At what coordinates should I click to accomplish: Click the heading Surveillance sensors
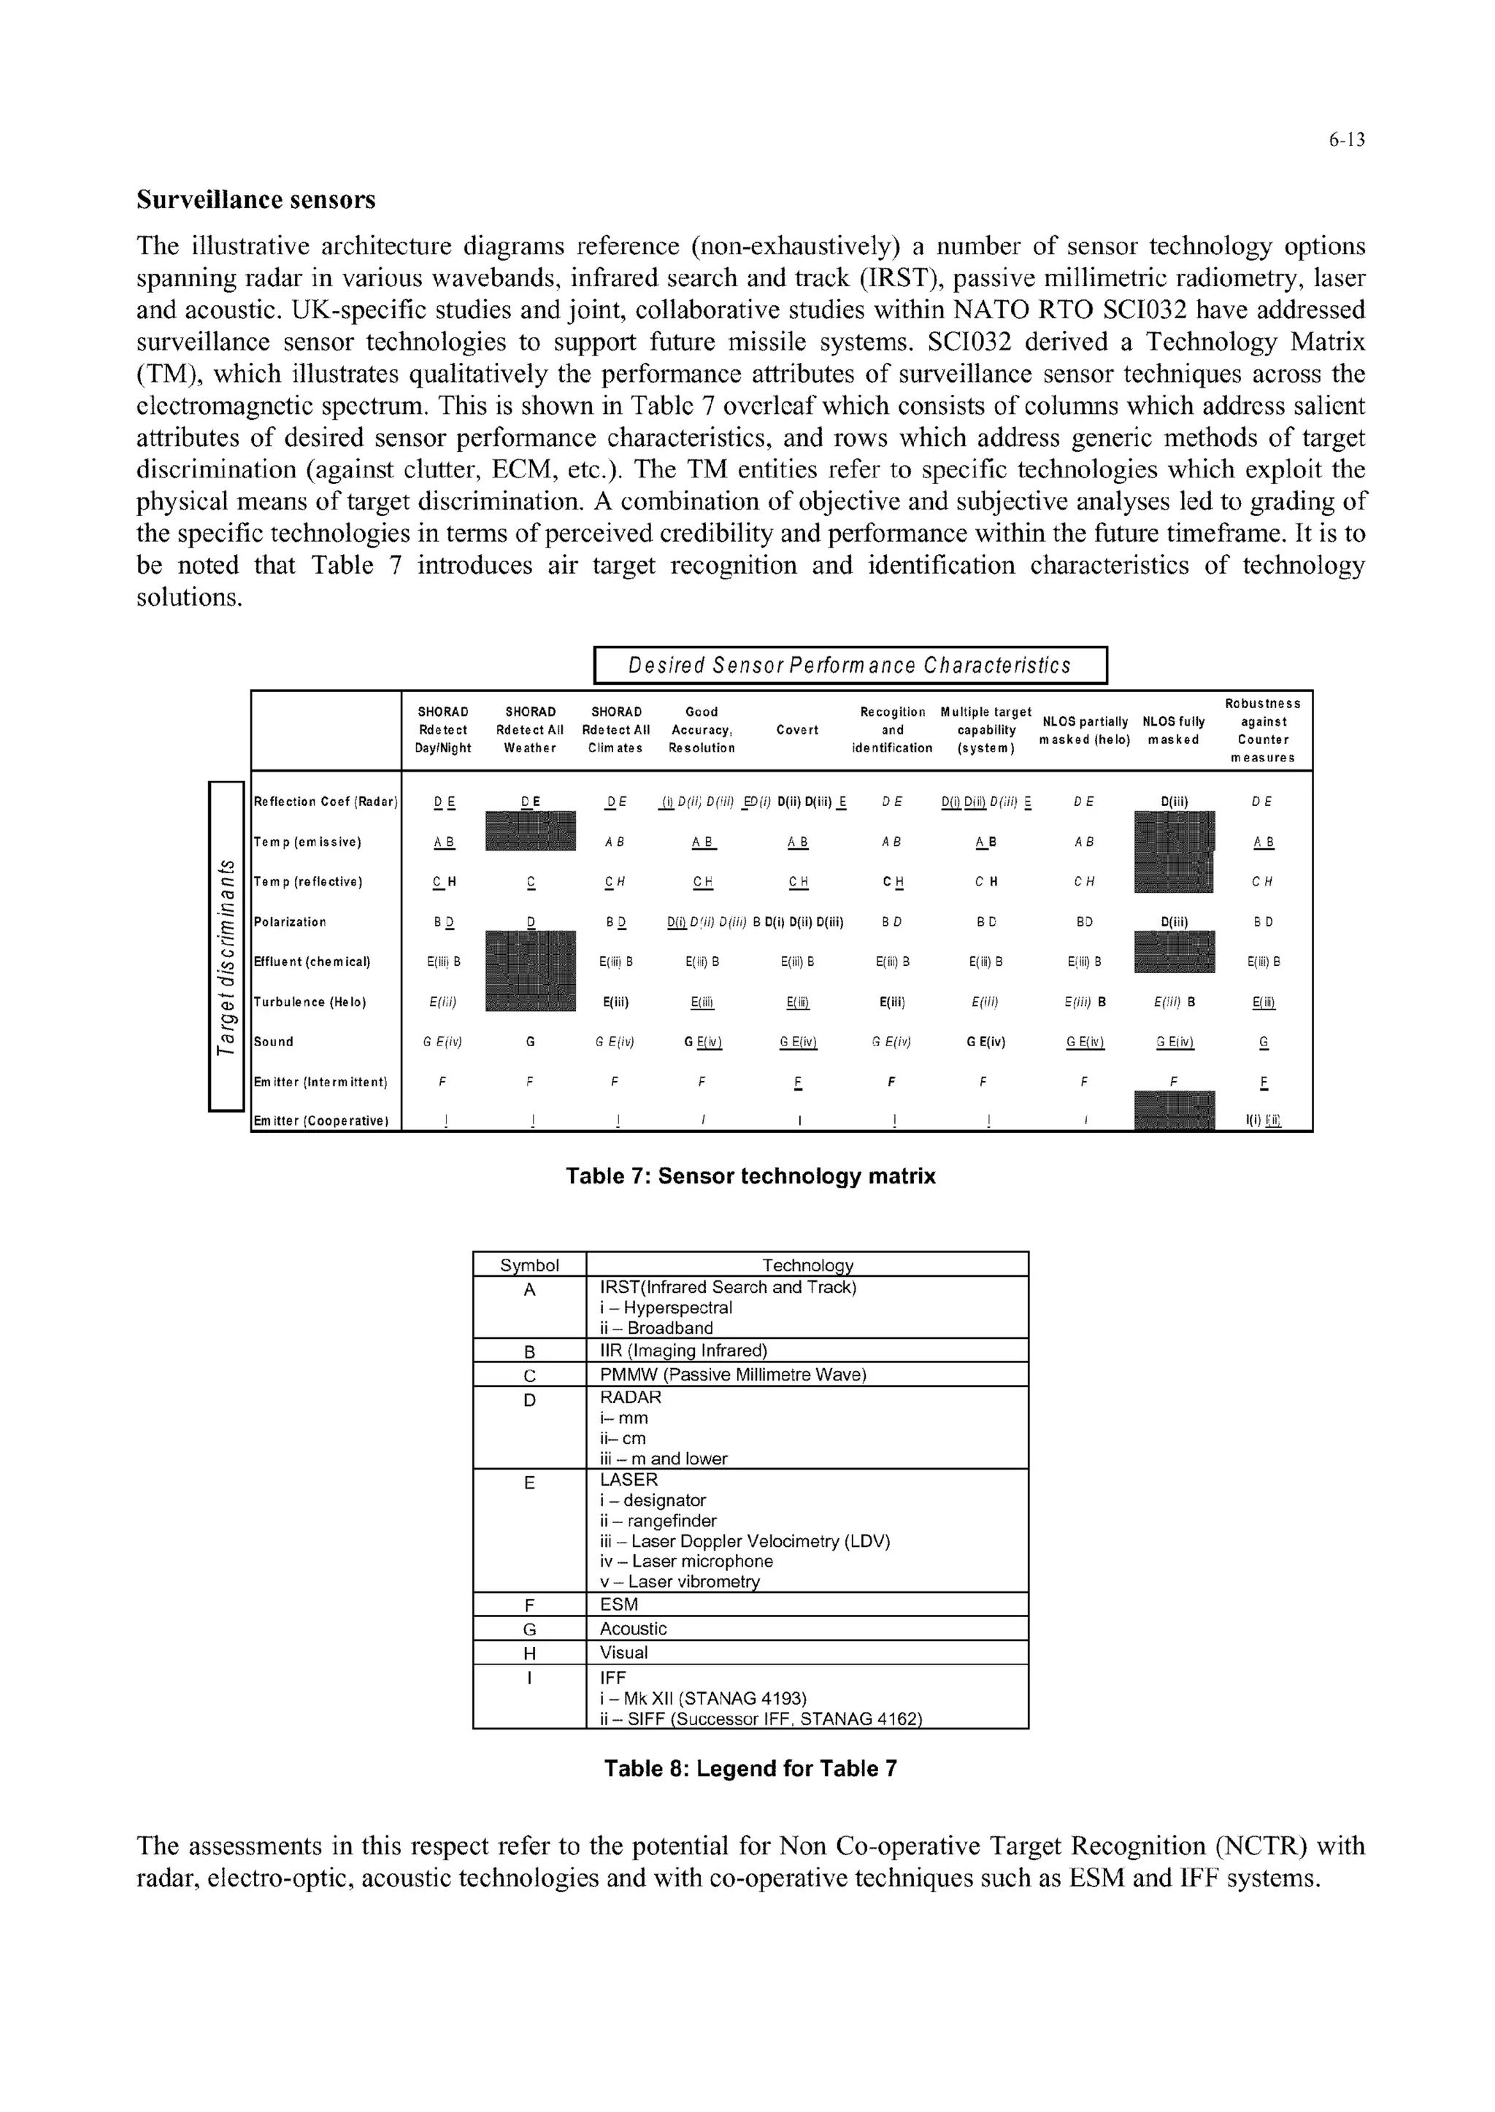[256, 200]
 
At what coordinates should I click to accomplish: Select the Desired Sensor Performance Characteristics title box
[849, 665]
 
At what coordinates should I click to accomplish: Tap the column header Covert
[796, 730]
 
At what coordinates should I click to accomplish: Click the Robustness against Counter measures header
[1262, 730]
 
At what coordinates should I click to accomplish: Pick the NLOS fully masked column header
[1173, 730]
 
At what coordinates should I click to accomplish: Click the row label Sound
[274, 1041]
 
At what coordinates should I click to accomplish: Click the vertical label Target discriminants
[226, 945]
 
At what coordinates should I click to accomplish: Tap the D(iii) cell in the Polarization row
[1175, 921]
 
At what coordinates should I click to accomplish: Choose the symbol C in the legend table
[529, 1375]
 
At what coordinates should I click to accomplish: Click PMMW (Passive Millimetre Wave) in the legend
[733, 1375]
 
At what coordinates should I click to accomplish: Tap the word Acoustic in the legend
[634, 1629]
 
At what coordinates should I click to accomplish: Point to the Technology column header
[807, 1265]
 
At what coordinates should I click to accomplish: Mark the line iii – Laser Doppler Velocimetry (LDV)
[745, 1541]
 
